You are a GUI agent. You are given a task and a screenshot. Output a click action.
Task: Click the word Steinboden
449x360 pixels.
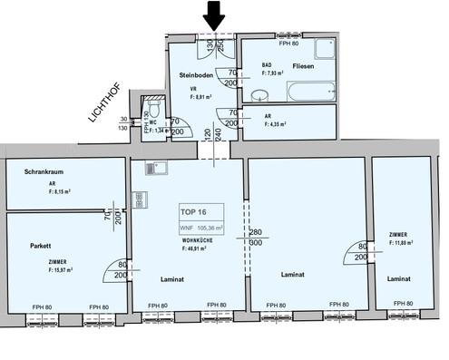(196, 75)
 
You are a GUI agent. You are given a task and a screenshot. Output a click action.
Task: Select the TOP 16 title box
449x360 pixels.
(210, 216)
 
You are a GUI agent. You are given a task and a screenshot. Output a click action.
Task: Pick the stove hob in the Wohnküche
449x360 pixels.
(141, 199)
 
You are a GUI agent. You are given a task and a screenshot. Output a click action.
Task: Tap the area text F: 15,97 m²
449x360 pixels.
(55, 269)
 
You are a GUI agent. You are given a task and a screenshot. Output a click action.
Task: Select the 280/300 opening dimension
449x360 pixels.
(255, 238)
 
